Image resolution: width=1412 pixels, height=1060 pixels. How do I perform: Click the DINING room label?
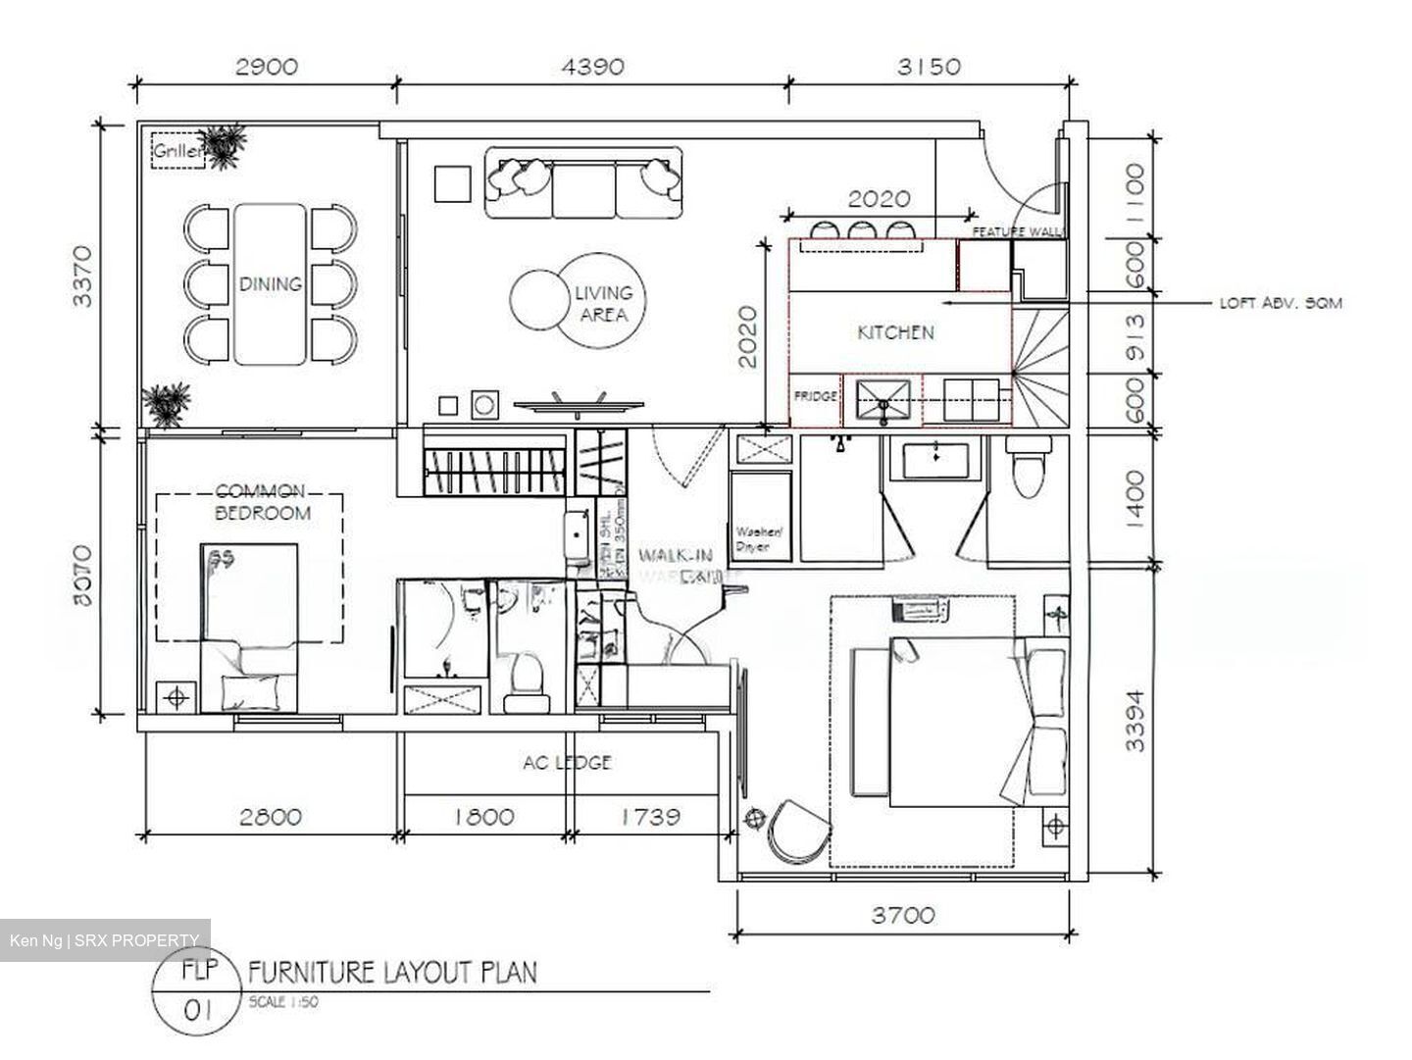click(x=271, y=284)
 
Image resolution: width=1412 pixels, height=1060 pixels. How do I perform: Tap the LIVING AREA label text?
click(x=603, y=303)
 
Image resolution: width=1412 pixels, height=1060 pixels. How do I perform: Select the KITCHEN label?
click(x=895, y=332)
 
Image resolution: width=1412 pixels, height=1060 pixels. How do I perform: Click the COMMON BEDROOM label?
click(x=262, y=501)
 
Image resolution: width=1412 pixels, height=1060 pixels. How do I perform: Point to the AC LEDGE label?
click(x=568, y=762)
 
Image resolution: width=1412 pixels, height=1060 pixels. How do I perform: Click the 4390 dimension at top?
click(x=591, y=67)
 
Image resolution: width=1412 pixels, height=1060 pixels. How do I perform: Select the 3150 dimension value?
click(x=929, y=67)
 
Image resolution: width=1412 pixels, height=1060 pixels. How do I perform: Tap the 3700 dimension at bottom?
click(x=903, y=916)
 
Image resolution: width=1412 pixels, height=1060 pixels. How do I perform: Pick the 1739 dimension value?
click(x=651, y=816)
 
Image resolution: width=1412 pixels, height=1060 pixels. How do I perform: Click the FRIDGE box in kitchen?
click(x=815, y=397)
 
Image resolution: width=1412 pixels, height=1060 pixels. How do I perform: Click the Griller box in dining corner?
click(x=177, y=152)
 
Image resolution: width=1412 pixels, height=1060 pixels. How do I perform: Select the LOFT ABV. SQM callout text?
click(x=1280, y=303)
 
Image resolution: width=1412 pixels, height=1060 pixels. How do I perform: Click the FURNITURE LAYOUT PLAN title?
click(x=392, y=972)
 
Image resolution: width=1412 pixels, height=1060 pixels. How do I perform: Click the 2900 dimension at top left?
click(x=266, y=67)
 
